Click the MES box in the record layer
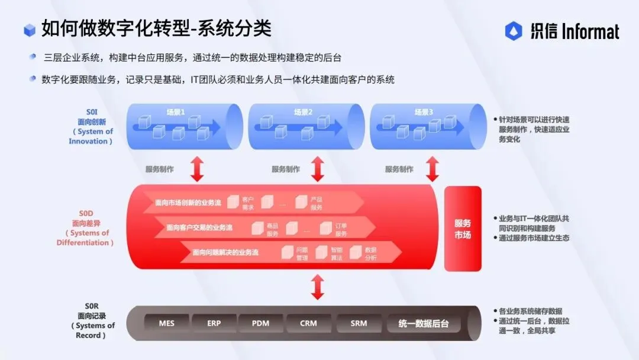pyautogui.click(x=167, y=323)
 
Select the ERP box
pyautogui.click(x=214, y=323)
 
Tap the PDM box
pyautogui.click(x=261, y=323)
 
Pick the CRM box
pyautogui.click(x=308, y=323)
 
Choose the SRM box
pyautogui.click(x=359, y=323)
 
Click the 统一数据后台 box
pyautogui.click(x=423, y=323)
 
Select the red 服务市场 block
pyautogui.click(x=463, y=229)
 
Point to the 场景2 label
pyautogui.click(x=303, y=112)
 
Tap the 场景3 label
pyautogui.click(x=424, y=112)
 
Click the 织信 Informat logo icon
pyautogui.click(x=514, y=31)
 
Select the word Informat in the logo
pyautogui.click(x=590, y=31)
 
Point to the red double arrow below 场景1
pyautogui.click(x=197, y=169)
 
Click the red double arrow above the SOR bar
pyautogui.click(x=318, y=287)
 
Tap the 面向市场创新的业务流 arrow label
pyautogui.click(x=188, y=202)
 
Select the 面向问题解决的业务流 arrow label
pyautogui.click(x=225, y=252)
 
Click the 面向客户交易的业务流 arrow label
pyautogui.click(x=199, y=227)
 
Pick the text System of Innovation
pyautogui.click(x=91, y=136)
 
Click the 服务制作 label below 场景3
pyautogui.click(x=399, y=169)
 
